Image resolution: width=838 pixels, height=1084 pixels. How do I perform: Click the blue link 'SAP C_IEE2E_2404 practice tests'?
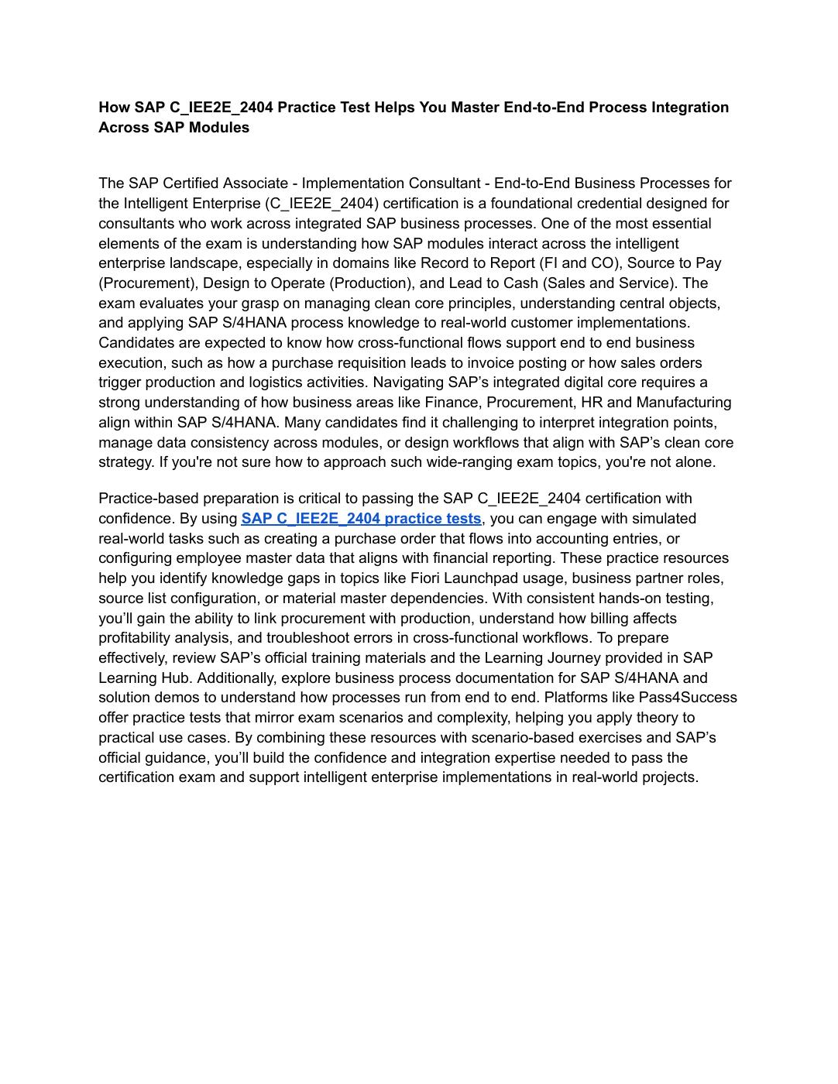tap(361, 519)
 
